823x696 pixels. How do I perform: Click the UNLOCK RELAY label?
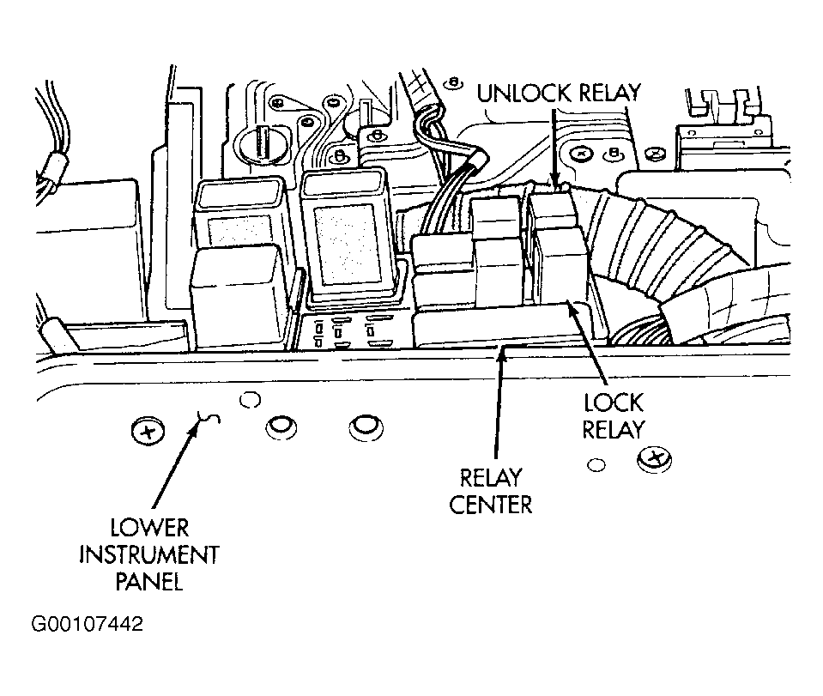tap(559, 93)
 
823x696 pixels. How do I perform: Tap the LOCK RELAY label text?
tap(613, 416)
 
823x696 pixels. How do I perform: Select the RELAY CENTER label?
tap(491, 491)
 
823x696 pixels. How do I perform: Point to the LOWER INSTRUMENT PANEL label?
tap(149, 554)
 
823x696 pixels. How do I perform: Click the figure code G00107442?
tap(88, 624)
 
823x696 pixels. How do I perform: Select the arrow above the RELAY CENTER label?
tap(499, 402)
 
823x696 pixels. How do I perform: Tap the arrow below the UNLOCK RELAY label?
tap(554, 148)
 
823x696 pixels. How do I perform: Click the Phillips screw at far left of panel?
tap(148, 432)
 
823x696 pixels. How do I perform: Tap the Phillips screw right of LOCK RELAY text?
tap(654, 459)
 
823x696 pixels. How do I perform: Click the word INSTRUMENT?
tap(149, 554)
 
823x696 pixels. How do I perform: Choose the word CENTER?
tap(491, 505)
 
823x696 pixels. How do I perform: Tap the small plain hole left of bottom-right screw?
tap(596, 464)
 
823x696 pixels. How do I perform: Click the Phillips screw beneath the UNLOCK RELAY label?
tap(582, 154)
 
